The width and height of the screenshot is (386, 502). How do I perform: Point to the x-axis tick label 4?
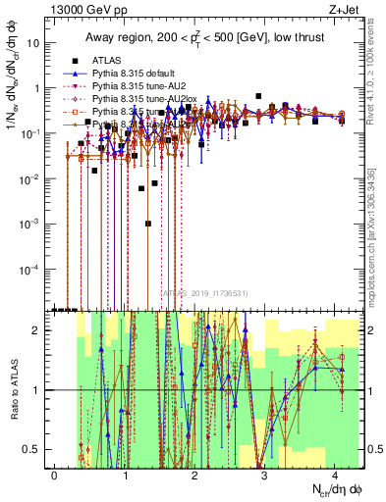tap(335, 474)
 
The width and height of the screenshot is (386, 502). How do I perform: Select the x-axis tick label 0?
tap(55, 474)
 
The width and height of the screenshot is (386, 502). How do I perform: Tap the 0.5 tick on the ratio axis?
tap(37, 449)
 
